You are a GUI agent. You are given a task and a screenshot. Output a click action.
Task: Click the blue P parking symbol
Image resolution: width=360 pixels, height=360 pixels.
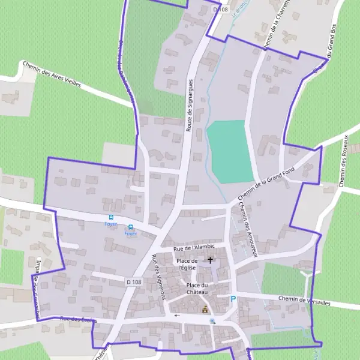coord(233,299)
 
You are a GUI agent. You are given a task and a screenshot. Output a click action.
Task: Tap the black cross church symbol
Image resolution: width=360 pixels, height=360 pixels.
coord(210,260)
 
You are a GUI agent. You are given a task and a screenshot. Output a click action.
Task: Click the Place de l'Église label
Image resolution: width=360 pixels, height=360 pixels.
coord(187,265)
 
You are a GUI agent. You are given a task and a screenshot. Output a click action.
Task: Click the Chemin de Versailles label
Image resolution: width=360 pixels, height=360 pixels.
coord(305,300)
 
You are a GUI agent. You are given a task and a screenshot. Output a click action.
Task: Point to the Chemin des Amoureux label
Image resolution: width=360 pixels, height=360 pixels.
coord(247,229)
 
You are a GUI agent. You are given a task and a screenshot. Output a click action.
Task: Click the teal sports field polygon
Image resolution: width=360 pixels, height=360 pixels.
coord(230,151)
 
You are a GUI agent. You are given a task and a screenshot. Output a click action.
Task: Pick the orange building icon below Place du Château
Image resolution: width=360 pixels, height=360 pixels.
coord(205,310)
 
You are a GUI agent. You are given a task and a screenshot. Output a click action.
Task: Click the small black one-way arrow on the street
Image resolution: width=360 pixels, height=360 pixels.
coord(177,315)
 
